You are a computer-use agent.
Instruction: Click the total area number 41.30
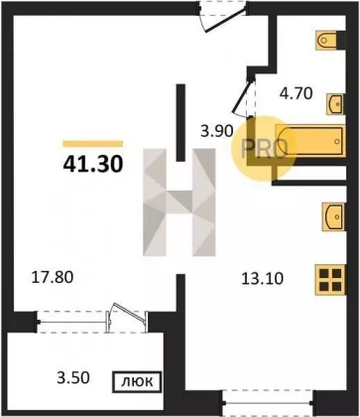tap(93, 164)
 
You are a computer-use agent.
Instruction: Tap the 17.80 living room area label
tap(52, 277)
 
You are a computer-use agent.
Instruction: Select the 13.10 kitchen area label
tap(263, 279)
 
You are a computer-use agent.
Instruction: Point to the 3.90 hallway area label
tap(218, 132)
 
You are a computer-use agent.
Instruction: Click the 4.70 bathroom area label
tap(297, 93)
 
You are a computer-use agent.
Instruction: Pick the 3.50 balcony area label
tap(73, 377)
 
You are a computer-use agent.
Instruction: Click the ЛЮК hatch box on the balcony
tap(137, 382)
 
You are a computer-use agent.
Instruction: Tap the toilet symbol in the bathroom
tap(326, 41)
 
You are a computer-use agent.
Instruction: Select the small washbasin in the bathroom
tap(335, 104)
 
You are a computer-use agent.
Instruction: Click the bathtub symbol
tap(310, 141)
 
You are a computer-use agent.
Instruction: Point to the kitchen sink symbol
tap(334, 216)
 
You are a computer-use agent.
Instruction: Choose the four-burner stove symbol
tap(330, 280)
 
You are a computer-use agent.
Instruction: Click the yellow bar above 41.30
tap(93, 144)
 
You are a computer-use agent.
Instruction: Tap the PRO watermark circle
tap(263, 149)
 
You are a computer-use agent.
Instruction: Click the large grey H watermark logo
tap(180, 203)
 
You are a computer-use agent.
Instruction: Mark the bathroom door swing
tap(243, 96)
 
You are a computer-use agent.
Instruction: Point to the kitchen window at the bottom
tap(268, 402)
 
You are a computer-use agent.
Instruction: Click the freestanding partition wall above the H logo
tap(180, 123)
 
